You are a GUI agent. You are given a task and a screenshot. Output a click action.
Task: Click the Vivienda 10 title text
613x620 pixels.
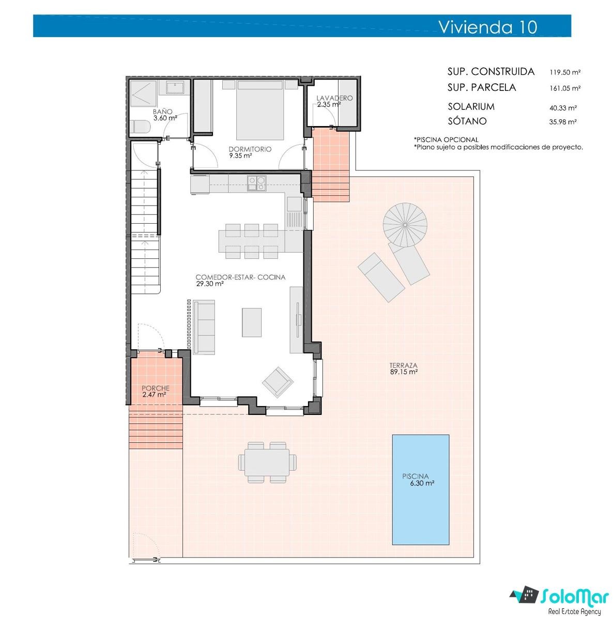(488, 27)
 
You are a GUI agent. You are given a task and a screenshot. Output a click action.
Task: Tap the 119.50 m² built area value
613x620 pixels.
(565, 72)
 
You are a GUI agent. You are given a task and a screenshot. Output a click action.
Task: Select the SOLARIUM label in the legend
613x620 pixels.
(471, 106)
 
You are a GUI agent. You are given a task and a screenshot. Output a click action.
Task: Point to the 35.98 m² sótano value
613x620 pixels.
(563, 121)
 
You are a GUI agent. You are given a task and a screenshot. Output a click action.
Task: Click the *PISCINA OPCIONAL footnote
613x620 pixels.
(446, 139)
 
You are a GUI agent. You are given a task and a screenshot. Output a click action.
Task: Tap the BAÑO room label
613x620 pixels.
(163, 112)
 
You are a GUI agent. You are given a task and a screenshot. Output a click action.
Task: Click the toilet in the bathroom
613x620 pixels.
(141, 127)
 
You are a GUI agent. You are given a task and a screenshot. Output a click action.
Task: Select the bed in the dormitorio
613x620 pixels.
(260, 110)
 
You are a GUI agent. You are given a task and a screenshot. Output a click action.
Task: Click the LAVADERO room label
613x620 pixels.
(334, 98)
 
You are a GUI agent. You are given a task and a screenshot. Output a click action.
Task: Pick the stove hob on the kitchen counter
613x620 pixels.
(256, 183)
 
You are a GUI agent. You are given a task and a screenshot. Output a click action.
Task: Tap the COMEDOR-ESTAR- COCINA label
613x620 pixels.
(240, 277)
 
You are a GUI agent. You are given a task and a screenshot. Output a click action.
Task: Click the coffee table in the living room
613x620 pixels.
(252, 322)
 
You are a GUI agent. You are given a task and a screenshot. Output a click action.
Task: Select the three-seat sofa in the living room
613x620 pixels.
(204, 327)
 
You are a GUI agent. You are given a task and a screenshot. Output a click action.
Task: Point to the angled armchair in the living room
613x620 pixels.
(278, 382)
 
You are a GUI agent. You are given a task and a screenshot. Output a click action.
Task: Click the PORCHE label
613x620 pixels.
(156, 388)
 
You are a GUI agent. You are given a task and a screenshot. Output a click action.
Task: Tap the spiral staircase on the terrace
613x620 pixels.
(405, 225)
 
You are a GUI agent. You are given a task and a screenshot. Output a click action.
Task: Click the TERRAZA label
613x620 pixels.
(403, 365)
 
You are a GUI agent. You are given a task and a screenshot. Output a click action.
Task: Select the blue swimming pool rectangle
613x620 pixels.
(421, 490)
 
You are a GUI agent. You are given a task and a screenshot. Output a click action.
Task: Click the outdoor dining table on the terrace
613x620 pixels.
(267, 462)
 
